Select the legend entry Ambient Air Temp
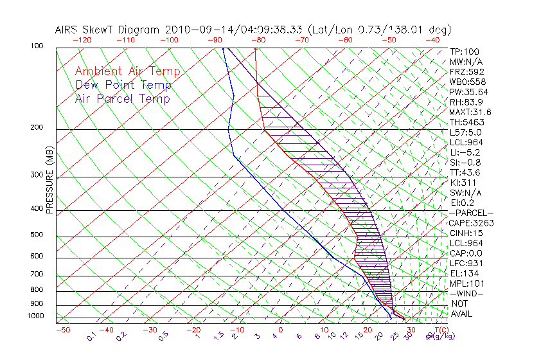pos(127,71)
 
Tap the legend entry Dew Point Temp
pos(123,85)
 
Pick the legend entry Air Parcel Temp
pos(122,98)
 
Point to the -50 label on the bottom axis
pos(62,329)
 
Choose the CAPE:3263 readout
pos(471,223)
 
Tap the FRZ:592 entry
pos(467,71)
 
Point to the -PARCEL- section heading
pos(471,213)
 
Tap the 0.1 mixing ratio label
pos(92,336)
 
